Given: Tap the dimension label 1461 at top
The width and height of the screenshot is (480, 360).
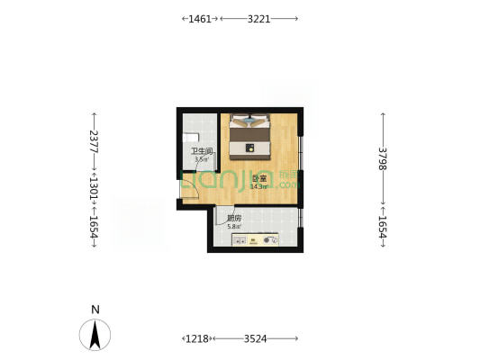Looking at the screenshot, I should click(200, 18).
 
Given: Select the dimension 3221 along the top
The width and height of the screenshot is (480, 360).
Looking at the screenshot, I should click(258, 18).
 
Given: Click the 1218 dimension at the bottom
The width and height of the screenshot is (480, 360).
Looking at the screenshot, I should click(197, 338).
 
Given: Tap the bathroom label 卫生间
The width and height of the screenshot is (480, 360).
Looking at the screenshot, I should click(201, 151).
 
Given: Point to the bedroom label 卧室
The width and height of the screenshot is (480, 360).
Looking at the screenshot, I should click(259, 179).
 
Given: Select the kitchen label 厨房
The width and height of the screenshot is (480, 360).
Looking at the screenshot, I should click(234, 219).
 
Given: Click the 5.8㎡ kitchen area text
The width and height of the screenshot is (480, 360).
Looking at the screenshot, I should click(234, 227).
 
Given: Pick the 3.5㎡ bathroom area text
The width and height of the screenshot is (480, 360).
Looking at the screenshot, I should click(200, 159).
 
